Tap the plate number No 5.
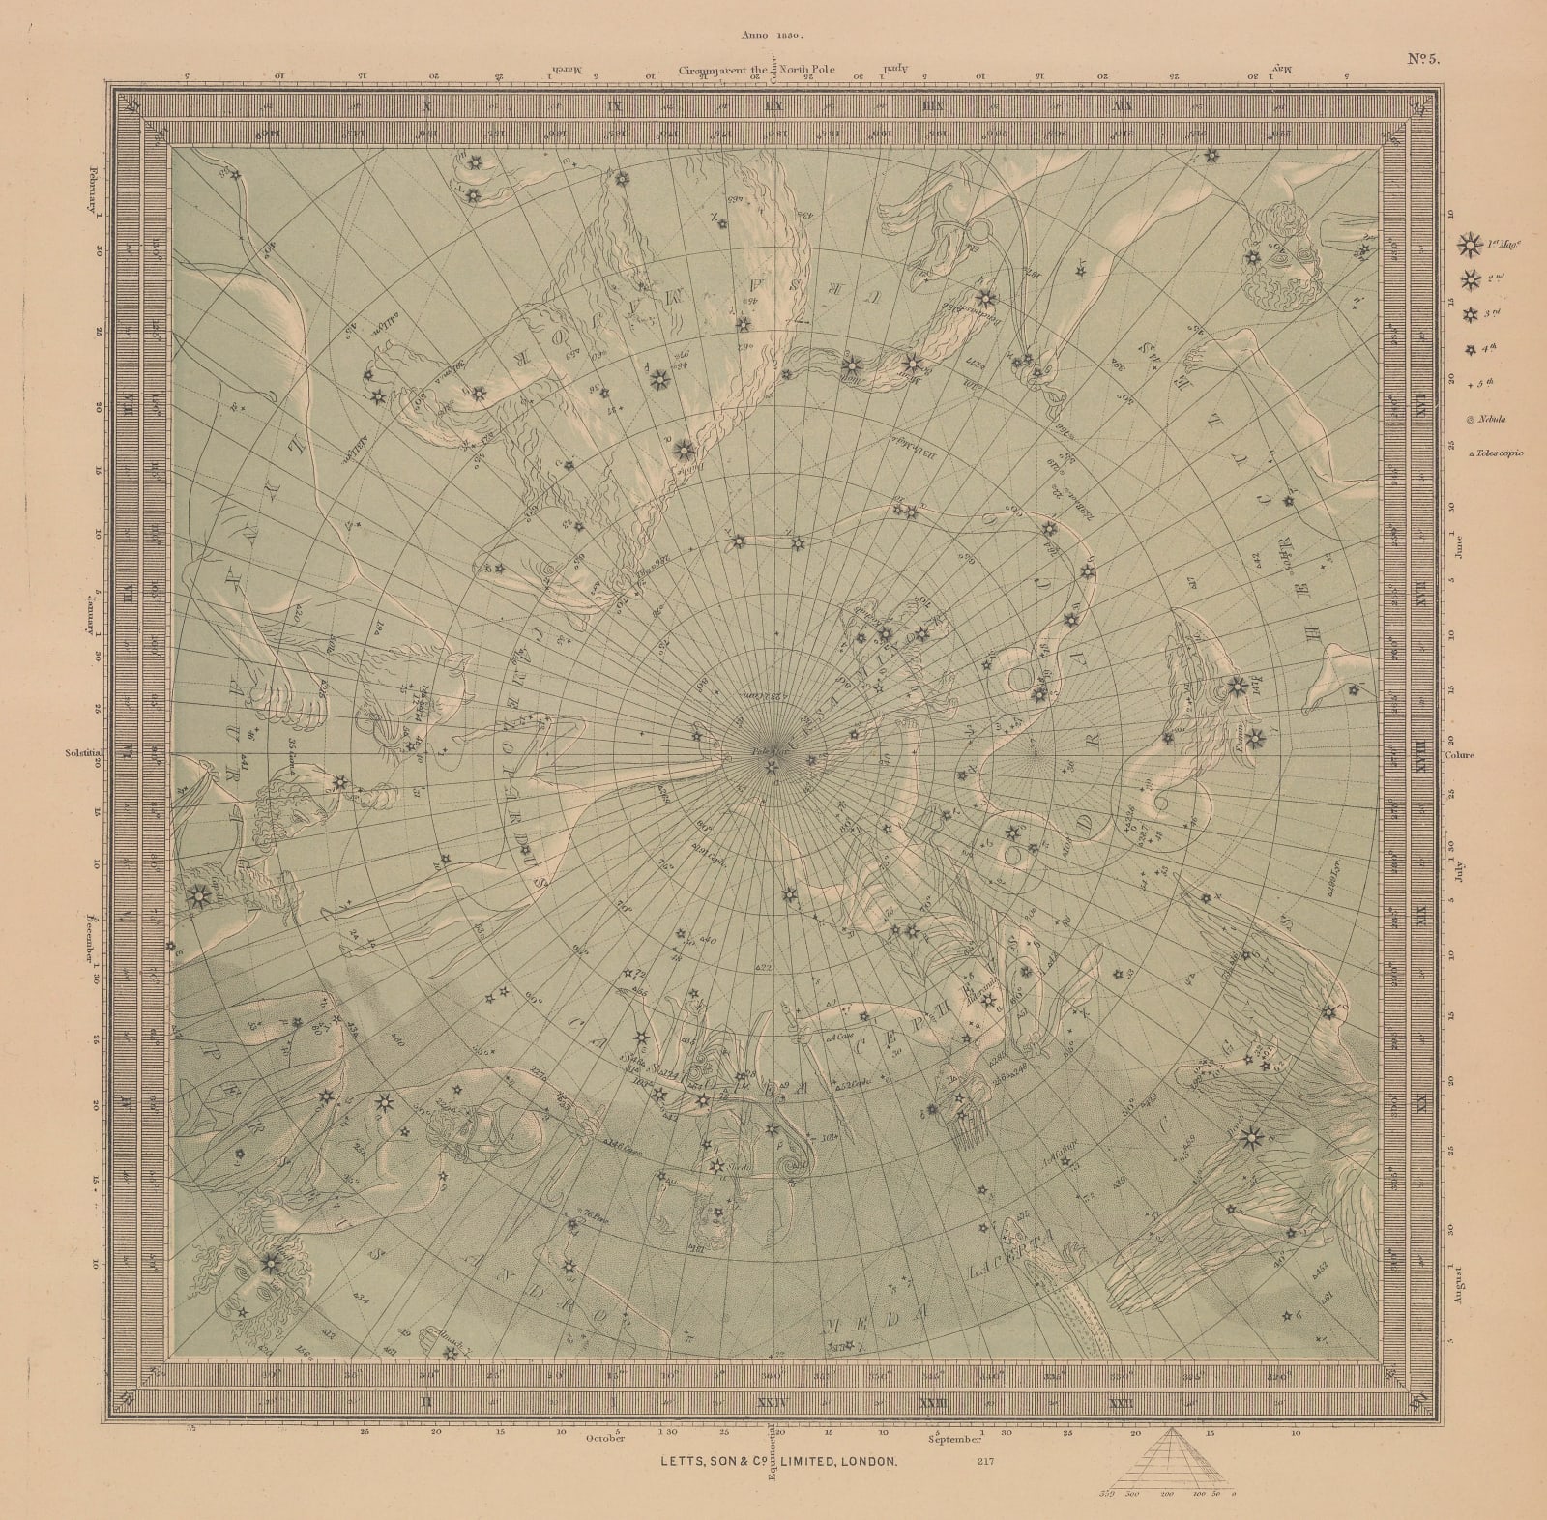pos(1422,58)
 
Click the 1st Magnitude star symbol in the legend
pos(1471,247)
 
